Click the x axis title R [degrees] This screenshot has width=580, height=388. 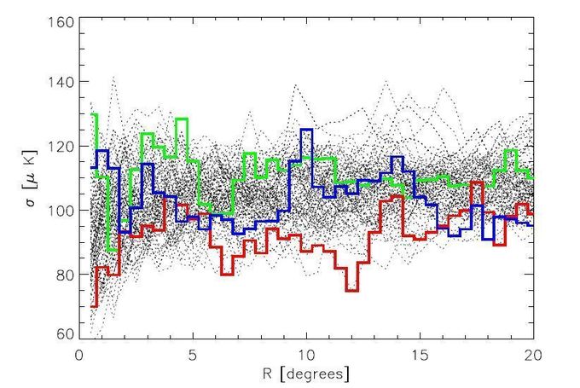pos(306,374)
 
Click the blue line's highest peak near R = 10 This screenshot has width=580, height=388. pos(306,130)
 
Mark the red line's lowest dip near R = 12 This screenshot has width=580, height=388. pos(351,291)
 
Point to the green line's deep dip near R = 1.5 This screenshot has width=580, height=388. pos(113,251)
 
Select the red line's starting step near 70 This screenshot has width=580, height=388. pos(93,306)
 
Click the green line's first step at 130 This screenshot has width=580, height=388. pos(94,114)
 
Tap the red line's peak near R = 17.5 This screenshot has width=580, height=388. pos(477,182)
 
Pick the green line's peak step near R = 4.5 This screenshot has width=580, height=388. pos(181,119)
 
